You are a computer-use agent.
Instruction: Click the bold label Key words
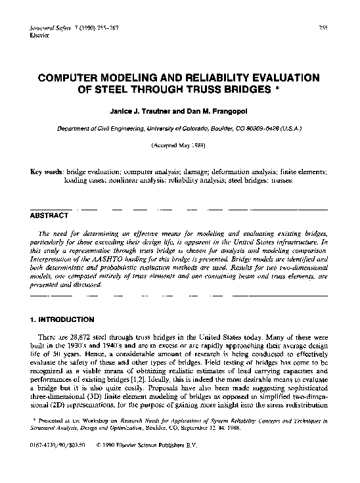click(x=47, y=171)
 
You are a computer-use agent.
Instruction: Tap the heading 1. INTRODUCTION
click(x=62, y=319)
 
